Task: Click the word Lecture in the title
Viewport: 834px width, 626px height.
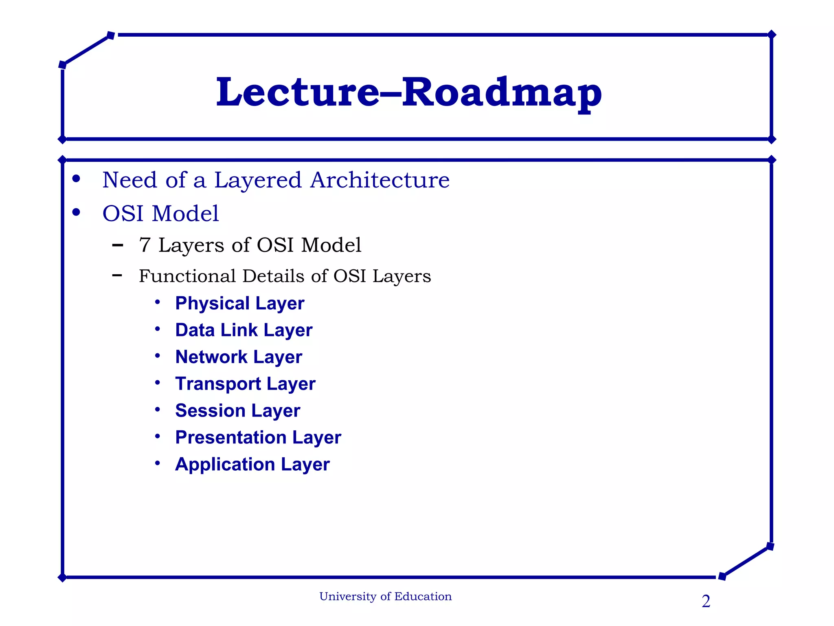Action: pyautogui.click(x=297, y=93)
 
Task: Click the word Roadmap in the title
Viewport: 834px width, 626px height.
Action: pyautogui.click(x=502, y=93)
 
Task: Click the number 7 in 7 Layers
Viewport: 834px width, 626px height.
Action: pyautogui.click(x=145, y=245)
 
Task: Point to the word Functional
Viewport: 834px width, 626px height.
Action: pyautogui.click(x=187, y=276)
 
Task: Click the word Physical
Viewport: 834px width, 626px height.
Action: pyautogui.click(x=212, y=304)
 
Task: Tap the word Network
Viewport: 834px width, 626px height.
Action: pyautogui.click(x=211, y=357)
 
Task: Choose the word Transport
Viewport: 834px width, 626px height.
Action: pyautogui.click(x=218, y=384)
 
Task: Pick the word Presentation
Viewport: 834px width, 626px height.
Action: pyautogui.click(x=230, y=437)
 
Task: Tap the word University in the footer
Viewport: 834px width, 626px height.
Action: pyautogui.click(x=348, y=597)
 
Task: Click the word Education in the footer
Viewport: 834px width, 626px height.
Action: pyautogui.click(x=423, y=597)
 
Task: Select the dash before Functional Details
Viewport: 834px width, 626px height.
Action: pyautogui.click(x=117, y=276)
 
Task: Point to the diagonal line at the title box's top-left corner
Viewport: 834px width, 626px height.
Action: pyautogui.click(x=86, y=50)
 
